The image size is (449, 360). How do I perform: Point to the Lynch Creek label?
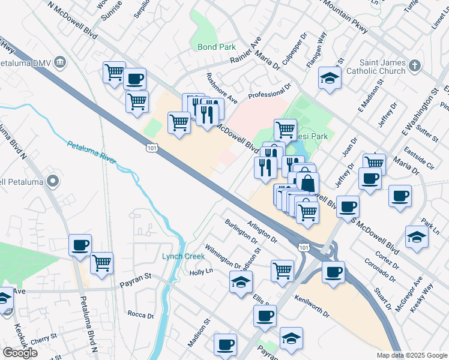(x=183, y=256)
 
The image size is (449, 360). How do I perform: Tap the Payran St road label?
(x=135, y=279)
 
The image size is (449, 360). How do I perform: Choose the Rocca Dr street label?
(x=142, y=314)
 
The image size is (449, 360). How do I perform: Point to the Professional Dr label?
(x=270, y=91)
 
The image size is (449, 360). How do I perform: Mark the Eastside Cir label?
(x=419, y=157)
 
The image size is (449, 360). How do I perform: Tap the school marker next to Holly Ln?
(x=241, y=282)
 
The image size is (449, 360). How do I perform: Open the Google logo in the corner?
(x=20, y=353)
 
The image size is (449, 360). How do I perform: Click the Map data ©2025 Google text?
(x=412, y=355)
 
